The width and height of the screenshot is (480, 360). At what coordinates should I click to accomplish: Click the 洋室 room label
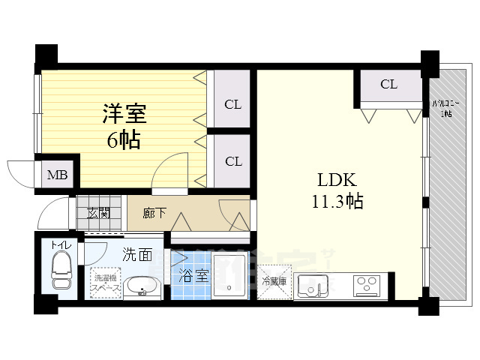tap(124, 115)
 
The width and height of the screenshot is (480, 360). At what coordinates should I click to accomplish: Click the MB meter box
tap(58, 176)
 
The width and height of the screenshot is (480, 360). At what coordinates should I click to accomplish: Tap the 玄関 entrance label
tap(98, 212)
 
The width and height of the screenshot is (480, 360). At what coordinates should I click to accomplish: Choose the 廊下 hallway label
tap(157, 212)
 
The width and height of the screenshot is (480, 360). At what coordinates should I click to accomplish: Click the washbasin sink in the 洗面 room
tap(139, 288)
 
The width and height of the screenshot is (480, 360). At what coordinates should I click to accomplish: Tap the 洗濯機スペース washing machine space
tap(103, 283)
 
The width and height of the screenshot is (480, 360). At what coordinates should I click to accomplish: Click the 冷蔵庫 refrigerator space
tap(274, 282)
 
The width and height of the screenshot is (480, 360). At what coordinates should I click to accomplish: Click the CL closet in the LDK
tap(388, 85)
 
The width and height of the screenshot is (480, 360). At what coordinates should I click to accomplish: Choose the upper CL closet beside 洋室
tap(232, 103)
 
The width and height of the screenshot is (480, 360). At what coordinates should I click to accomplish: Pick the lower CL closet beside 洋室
tap(232, 161)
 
